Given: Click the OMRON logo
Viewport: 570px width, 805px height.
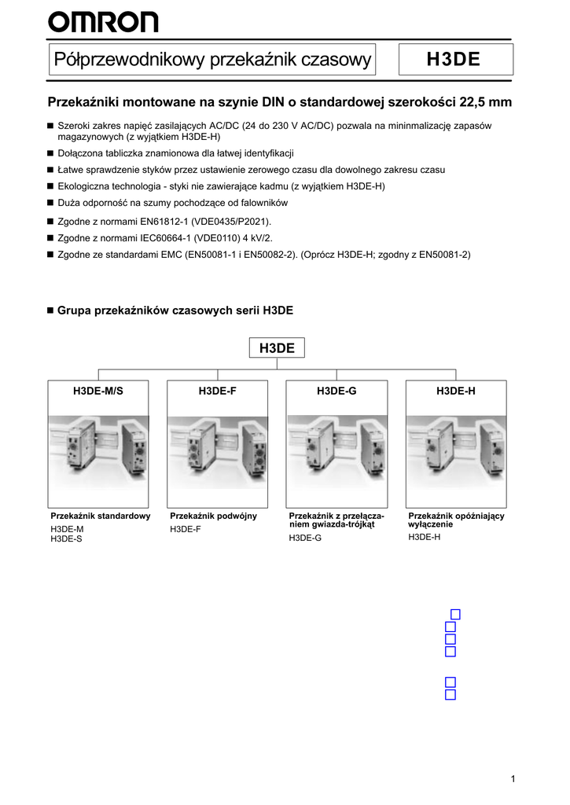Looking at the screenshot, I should point(103,22).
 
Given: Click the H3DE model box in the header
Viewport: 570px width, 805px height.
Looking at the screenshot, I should point(456,60).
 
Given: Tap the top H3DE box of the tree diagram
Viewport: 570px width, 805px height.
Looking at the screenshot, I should point(277,348).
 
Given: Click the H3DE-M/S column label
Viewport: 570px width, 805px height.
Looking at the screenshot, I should point(98,391).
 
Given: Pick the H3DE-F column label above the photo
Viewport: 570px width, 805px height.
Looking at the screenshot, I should point(217,391).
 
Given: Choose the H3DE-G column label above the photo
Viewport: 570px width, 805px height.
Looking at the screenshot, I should point(336,391).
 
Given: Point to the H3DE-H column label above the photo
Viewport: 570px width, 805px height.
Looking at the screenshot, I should point(456,391).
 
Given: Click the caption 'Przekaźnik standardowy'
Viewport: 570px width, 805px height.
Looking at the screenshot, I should point(100,516).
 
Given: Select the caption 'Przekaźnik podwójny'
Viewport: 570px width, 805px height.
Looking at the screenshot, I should point(213,516).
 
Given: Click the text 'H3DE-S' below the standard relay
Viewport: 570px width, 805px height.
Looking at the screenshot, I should point(66,539).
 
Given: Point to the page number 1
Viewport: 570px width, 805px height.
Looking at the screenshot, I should point(513,778).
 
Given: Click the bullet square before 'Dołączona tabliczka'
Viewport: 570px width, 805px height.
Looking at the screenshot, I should point(50,154).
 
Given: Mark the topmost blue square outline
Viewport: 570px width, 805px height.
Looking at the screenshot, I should point(455,614).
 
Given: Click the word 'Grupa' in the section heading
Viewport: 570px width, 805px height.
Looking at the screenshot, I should point(75,311).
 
